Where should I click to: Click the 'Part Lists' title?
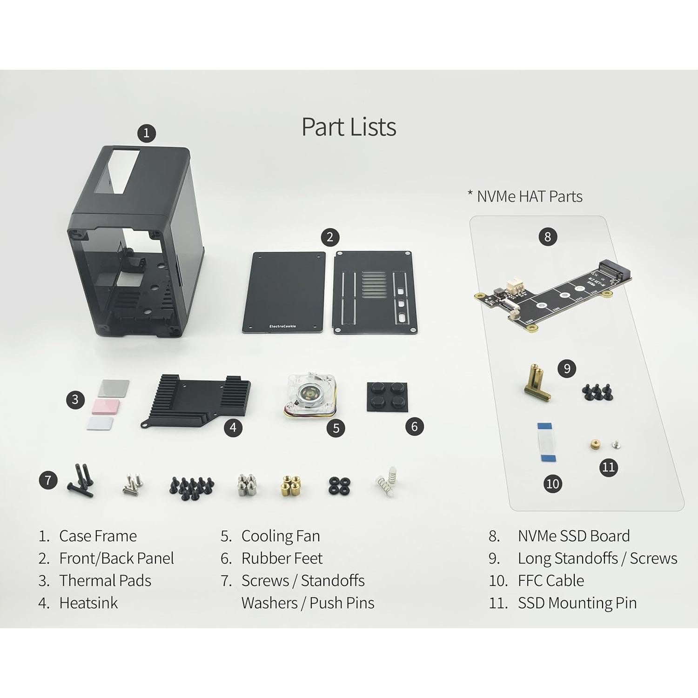point(349,127)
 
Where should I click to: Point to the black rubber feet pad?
point(388,396)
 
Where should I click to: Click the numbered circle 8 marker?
point(548,237)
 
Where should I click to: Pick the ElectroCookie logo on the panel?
point(282,326)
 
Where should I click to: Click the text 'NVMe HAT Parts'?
point(530,196)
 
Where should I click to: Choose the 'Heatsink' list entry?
point(88,603)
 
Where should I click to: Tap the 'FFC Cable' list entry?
point(550,581)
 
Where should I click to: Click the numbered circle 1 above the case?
point(146,133)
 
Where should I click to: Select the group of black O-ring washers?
point(339,486)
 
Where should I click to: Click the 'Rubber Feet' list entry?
point(282,558)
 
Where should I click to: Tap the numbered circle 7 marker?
point(48,480)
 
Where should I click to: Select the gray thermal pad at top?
point(114,388)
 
